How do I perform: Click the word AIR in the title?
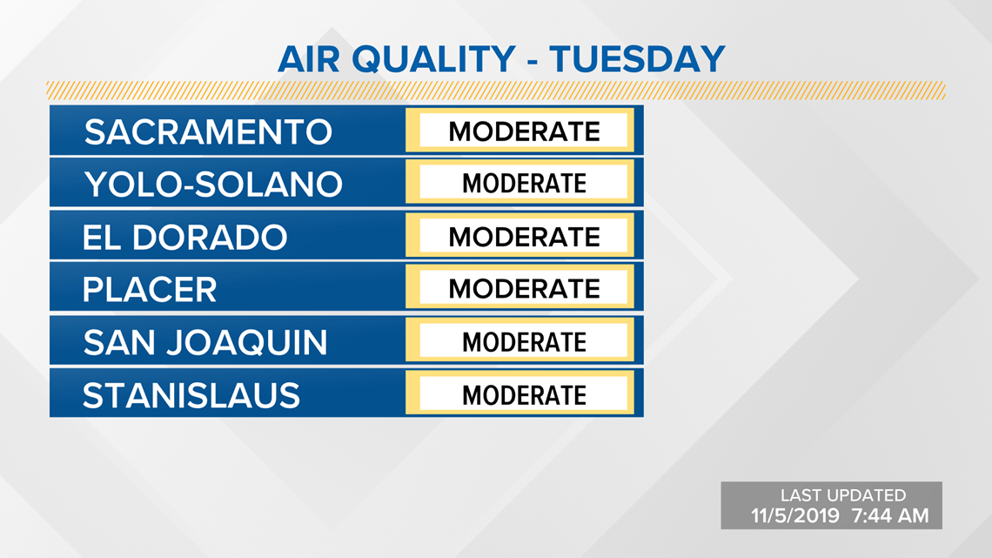click(309, 59)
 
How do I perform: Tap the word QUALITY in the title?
click(433, 59)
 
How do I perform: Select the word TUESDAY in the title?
click(637, 59)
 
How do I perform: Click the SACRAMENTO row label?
click(208, 132)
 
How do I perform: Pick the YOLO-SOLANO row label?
click(213, 185)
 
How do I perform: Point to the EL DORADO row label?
click(184, 238)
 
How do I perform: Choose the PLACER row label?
click(150, 290)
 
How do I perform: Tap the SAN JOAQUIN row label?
click(205, 342)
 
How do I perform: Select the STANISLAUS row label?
click(191, 395)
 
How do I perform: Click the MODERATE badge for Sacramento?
click(519, 131)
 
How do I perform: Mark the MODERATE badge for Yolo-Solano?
click(519, 182)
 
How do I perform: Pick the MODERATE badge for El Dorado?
click(519, 235)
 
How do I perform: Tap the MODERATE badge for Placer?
click(519, 287)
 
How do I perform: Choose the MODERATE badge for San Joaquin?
click(519, 340)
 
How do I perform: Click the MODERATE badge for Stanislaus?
click(519, 393)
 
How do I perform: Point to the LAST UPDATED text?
click(842, 494)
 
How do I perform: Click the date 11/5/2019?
click(795, 515)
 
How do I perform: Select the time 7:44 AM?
click(890, 515)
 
